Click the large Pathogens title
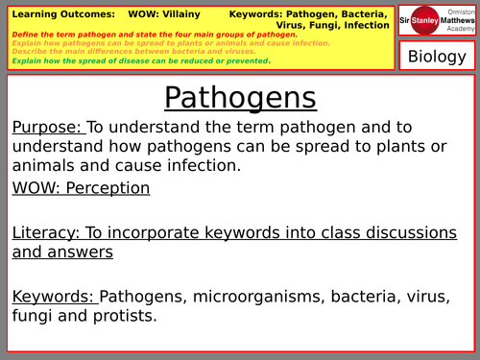239,98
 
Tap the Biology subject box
437,56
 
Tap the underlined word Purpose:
49,127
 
